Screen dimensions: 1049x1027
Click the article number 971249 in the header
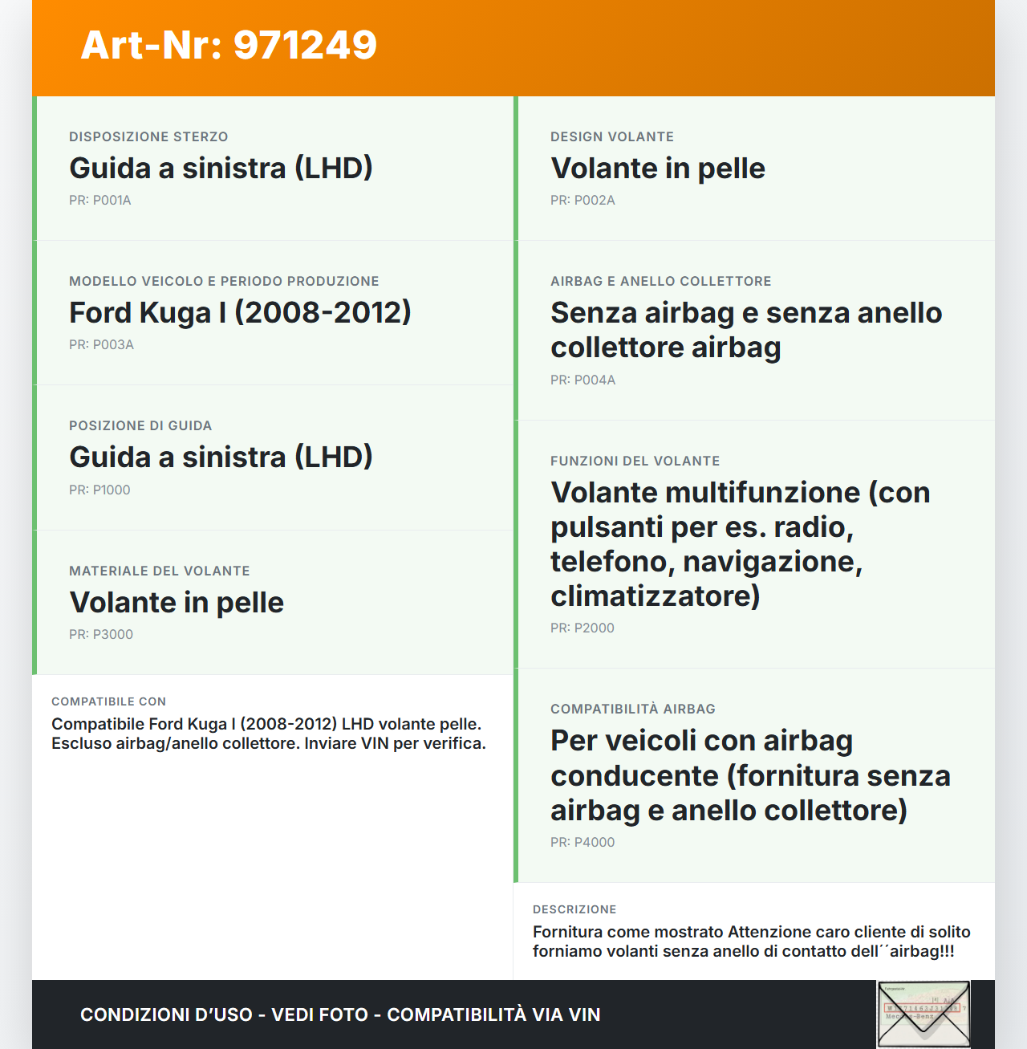pos(229,45)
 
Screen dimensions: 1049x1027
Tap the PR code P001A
pos(99,201)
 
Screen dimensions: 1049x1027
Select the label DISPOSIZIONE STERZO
pos(148,137)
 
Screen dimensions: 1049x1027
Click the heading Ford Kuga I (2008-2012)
pos(240,313)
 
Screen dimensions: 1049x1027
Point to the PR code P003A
pos(101,345)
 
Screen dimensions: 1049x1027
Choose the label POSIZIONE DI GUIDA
pos(140,426)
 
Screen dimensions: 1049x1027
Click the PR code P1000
pos(99,490)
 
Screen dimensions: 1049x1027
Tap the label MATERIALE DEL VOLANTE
pos(160,571)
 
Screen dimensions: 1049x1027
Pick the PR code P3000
pos(101,635)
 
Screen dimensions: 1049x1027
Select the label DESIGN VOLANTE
pos(612,137)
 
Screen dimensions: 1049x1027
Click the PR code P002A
pos(583,201)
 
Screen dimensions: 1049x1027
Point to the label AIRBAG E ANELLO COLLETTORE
pos(661,282)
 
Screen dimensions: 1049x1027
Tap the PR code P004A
pos(583,380)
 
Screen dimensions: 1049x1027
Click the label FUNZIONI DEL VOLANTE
pos(635,461)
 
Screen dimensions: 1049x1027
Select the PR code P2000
pos(583,628)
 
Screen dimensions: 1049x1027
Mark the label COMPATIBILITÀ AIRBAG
pos(633,709)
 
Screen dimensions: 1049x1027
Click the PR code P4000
pos(583,843)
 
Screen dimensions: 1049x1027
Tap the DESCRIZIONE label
pos(574,910)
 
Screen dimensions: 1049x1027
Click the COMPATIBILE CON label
pos(109,702)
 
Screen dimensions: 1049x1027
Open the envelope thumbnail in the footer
pos(923,1014)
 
